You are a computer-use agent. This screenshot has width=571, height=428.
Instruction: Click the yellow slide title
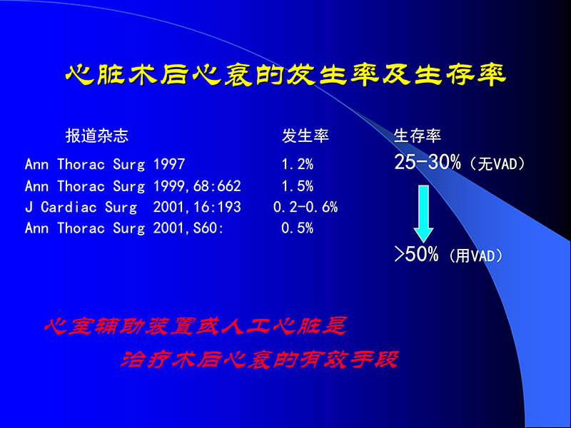pyautogui.click(x=285, y=75)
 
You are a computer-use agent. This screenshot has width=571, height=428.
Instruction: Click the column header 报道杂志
pyautogui.click(x=97, y=136)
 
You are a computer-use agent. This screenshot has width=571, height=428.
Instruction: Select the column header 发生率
pyautogui.click(x=305, y=136)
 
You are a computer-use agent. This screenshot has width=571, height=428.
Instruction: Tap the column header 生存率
pyautogui.click(x=418, y=136)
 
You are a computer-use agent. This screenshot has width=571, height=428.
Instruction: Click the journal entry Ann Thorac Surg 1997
pyautogui.click(x=105, y=165)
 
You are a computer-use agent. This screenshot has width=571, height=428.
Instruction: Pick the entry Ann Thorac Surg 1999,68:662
pyautogui.click(x=133, y=186)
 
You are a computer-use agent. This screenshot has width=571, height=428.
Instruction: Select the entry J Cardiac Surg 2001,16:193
pyautogui.click(x=133, y=208)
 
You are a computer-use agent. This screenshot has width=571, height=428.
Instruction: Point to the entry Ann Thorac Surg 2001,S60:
pyautogui.click(x=124, y=228)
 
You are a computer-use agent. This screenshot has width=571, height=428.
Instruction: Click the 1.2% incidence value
pyautogui.click(x=297, y=165)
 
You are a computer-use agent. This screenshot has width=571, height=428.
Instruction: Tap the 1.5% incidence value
pyautogui.click(x=297, y=186)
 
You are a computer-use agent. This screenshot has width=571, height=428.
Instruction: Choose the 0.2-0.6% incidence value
pyautogui.click(x=305, y=208)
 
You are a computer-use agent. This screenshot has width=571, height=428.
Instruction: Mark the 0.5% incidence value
pyautogui.click(x=297, y=228)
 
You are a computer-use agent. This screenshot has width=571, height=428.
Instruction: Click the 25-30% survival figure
pyautogui.click(x=428, y=163)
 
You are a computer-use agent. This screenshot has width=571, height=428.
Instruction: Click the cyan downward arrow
pyautogui.click(x=424, y=212)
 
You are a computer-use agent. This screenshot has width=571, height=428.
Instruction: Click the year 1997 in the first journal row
pyautogui.click(x=169, y=165)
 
